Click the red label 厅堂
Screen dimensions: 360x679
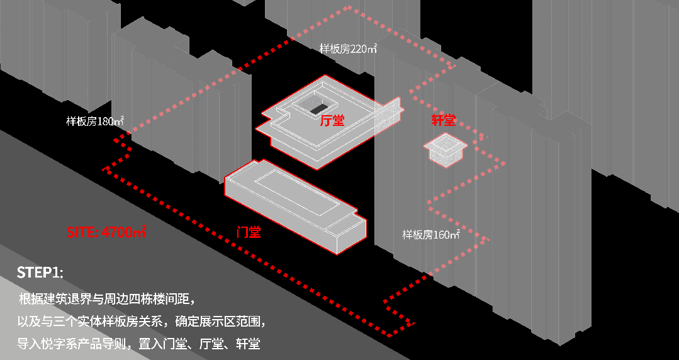(x=332, y=120)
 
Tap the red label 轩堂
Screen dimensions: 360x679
(x=443, y=121)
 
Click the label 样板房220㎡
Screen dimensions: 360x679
(x=347, y=48)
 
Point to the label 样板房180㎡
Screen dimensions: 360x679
(x=94, y=121)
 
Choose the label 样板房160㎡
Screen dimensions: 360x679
(x=431, y=235)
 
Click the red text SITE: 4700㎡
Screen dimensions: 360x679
(x=106, y=232)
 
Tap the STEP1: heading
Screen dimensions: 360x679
(x=40, y=273)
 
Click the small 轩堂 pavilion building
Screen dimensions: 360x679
(x=446, y=149)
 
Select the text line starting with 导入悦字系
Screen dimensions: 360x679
(x=138, y=344)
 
